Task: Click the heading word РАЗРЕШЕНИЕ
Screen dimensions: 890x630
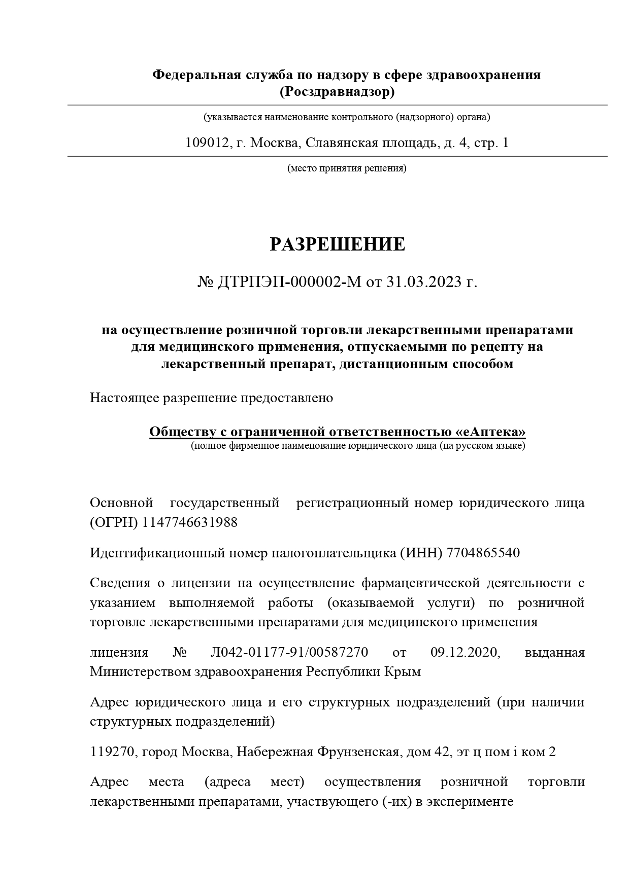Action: (337, 244)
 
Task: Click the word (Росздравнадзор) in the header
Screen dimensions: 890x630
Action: (337, 92)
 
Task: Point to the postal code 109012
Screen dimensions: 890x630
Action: (207, 143)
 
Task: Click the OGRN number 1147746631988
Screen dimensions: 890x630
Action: (190, 522)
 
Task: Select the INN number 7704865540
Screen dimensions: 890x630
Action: (483, 552)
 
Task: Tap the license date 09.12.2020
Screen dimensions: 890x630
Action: (465, 652)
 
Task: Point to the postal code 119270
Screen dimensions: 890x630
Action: (112, 752)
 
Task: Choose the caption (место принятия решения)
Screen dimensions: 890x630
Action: (347, 168)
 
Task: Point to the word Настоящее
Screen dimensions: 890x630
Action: (124, 398)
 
